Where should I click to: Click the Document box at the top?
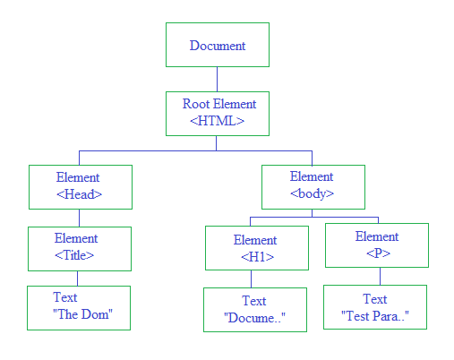218,45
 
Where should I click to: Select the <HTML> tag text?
218,121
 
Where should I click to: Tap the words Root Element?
219,104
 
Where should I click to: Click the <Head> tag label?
79,194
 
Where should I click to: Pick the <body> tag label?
312,193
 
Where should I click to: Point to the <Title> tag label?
74,255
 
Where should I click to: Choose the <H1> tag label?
257,257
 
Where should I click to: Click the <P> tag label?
378,253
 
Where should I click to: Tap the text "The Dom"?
82,314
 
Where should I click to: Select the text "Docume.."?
254,318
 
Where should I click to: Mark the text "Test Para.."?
375,316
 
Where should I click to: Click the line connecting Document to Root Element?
217,79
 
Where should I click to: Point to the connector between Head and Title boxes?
79,218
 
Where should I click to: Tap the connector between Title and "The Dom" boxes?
77,279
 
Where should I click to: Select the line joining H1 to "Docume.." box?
251,279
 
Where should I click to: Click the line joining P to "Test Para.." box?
380,276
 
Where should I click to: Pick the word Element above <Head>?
78,177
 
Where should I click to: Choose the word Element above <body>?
312,176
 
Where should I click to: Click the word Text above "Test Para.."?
375,299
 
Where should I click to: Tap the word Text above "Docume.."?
254,301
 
